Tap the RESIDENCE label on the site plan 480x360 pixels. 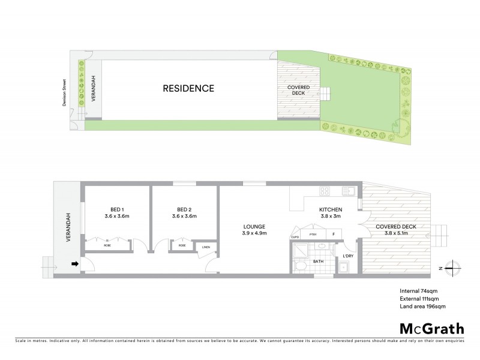(188, 88)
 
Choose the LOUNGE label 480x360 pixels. (254, 226)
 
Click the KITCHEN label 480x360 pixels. (331, 209)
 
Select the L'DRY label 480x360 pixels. (347, 257)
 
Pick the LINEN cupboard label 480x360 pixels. (206, 247)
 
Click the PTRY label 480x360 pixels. (312, 234)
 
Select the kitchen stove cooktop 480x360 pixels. (325, 192)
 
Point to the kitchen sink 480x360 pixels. (347, 192)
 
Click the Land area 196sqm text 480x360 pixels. (423, 306)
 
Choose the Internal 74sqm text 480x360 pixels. (418, 292)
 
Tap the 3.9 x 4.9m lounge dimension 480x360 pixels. (254, 233)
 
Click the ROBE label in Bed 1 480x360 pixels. (107, 245)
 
